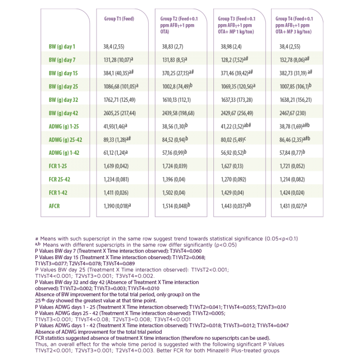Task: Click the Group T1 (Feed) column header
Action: [x=119, y=19]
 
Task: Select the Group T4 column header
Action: [x=294, y=25]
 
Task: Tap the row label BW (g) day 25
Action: [x=63, y=86]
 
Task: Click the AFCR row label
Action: [x=54, y=206]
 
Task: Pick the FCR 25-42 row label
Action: [x=60, y=179]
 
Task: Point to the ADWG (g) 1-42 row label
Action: [x=64, y=153]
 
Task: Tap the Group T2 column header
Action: [x=179, y=25]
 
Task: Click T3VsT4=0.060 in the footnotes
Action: [x=186, y=251]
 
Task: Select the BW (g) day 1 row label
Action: [x=62, y=47]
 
